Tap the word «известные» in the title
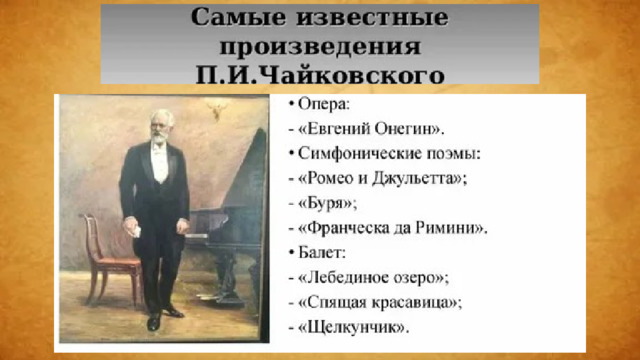372,18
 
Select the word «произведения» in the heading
320,47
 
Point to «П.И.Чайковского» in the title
320,75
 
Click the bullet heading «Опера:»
324,104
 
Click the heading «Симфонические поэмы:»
389,154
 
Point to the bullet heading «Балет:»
322,253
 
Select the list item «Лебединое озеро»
371,278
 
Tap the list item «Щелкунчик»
352,327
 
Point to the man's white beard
160,138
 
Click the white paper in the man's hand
135,231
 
